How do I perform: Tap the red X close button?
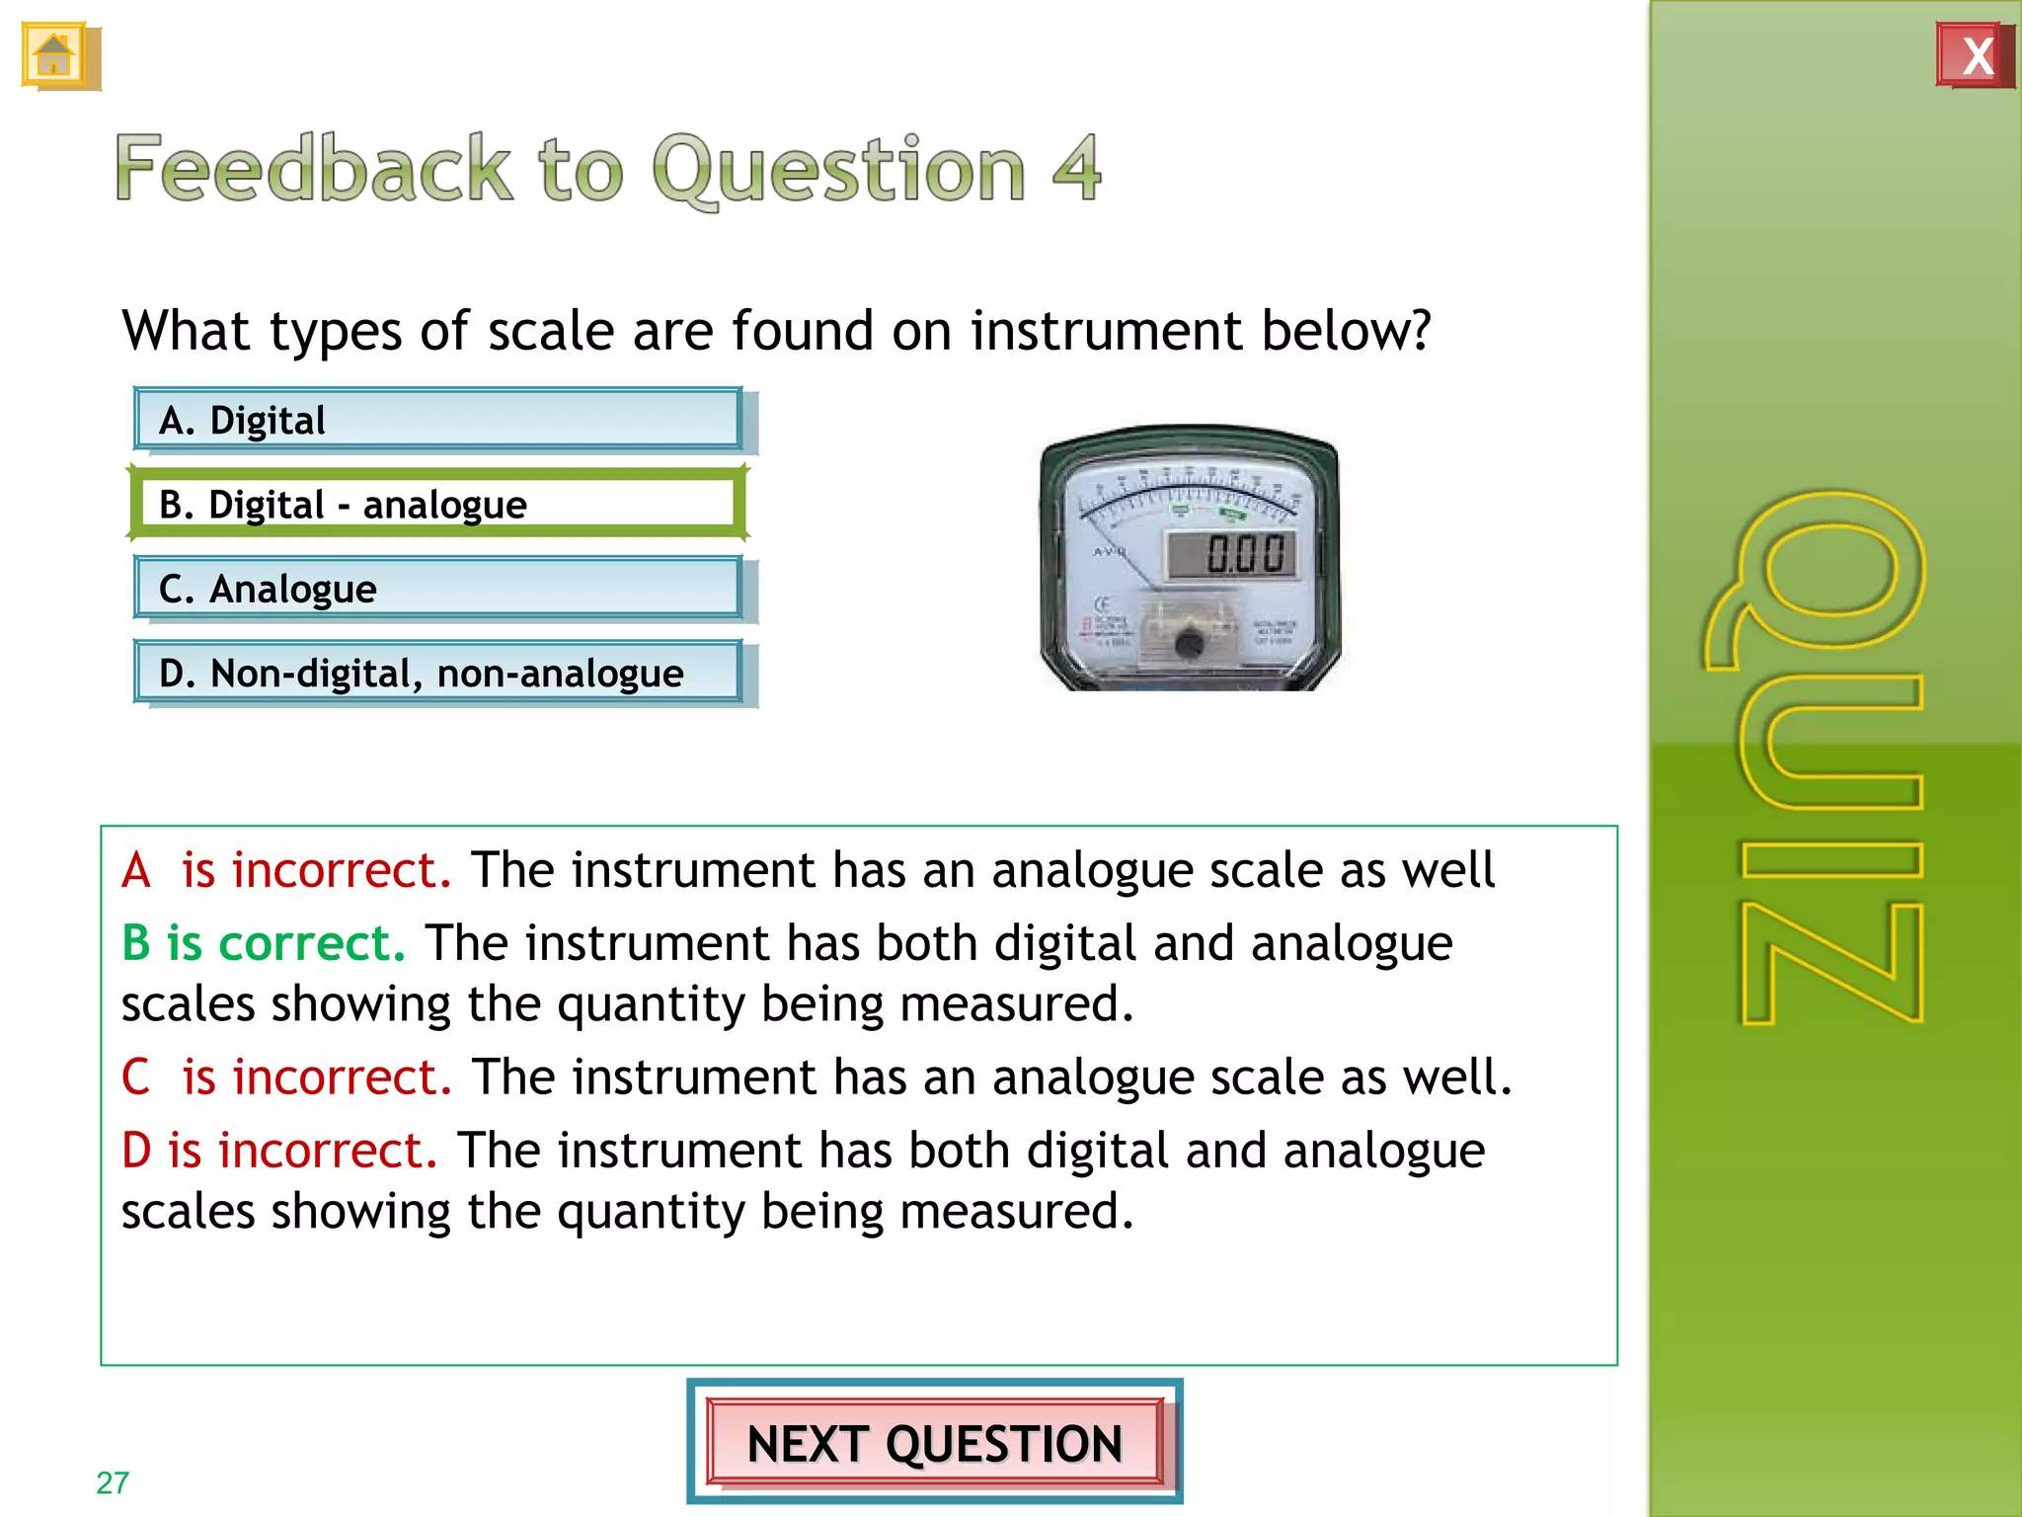point(1975,55)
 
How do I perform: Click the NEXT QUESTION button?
point(934,1442)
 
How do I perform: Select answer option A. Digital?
point(437,420)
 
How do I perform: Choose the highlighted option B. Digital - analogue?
point(437,504)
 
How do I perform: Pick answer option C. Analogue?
point(437,589)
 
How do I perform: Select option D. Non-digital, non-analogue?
point(437,673)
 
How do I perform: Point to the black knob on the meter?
point(1189,644)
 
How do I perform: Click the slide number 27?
point(113,1482)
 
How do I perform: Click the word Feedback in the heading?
point(314,168)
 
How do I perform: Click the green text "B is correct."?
point(263,942)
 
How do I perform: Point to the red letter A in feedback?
point(136,871)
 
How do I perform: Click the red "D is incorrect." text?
point(278,1150)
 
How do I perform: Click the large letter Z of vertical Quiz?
point(1832,963)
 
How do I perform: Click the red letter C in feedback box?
point(136,1077)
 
